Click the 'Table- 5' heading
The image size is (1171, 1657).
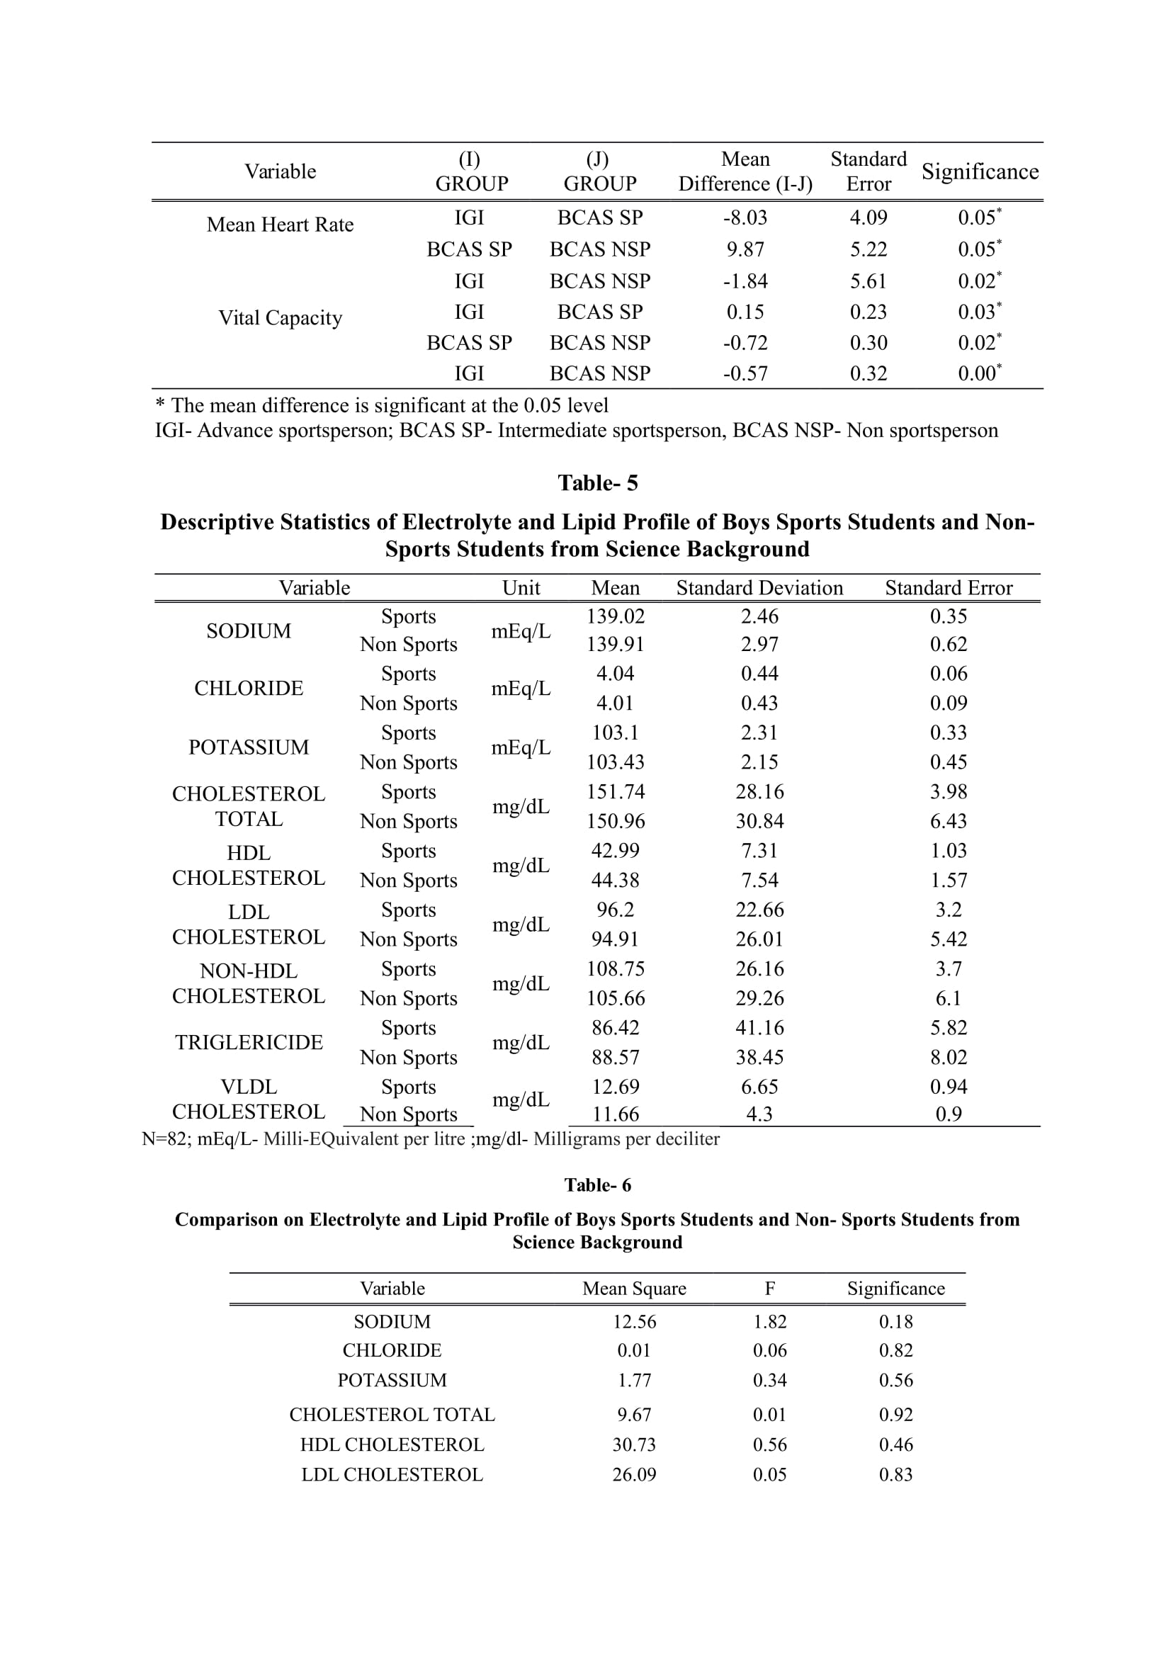[x=597, y=483]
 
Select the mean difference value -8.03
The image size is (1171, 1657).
[x=745, y=217]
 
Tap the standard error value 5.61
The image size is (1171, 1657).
[x=868, y=281]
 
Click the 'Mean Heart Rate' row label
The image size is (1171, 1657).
[x=280, y=225]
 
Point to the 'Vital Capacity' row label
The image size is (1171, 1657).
[x=280, y=317]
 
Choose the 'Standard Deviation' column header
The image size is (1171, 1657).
[x=759, y=587]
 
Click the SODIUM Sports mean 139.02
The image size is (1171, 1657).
[x=615, y=616]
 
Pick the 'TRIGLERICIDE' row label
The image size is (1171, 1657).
[x=248, y=1042]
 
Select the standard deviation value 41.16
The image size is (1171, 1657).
[x=759, y=1028]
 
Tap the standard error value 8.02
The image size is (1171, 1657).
[x=948, y=1057]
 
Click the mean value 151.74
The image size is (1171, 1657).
[x=615, y=792]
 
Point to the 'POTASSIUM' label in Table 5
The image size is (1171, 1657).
[x=248, y=747]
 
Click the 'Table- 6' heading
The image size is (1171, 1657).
[x=597, y=1185]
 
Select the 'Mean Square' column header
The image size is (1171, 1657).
[x=634, y=1288]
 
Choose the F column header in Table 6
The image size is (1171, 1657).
[x=770, y=1288]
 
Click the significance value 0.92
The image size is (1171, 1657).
[x=895, y=1415]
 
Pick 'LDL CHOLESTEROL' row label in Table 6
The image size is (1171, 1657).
[x=392, y=1474]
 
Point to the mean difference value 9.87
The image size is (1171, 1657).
[x=745, y=249]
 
